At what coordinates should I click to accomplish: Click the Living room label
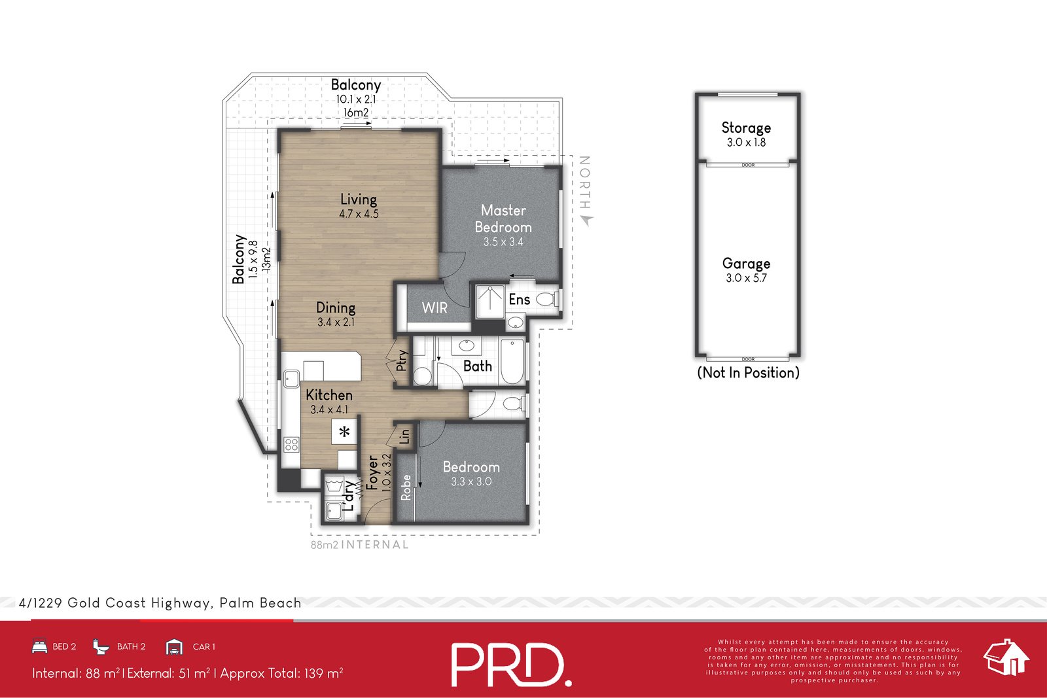click(358, 199)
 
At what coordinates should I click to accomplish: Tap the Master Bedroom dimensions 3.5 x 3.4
click(503, 242)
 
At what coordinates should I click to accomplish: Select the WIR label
click(435, 307)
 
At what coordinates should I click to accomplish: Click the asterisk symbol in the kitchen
click(344, 432)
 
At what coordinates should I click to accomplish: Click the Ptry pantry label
click(401, 360)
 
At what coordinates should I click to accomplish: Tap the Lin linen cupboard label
click(405, 436)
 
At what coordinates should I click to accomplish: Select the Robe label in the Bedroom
click(406, 488)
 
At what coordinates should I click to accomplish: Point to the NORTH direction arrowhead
click(586, 220)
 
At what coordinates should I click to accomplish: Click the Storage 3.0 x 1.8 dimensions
click(746, 143)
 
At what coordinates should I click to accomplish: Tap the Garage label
click(746, 263)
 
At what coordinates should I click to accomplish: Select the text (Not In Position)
click(748, 372)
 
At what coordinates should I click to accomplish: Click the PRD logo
click(511, 665)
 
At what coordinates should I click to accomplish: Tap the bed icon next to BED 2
click(39, 646)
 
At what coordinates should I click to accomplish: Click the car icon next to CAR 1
click(174, 647)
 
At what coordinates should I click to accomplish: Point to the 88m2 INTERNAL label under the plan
click(359, 544)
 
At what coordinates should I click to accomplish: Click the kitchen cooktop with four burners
click(291, 445)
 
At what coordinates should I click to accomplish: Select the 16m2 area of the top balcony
click(356, 113)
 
